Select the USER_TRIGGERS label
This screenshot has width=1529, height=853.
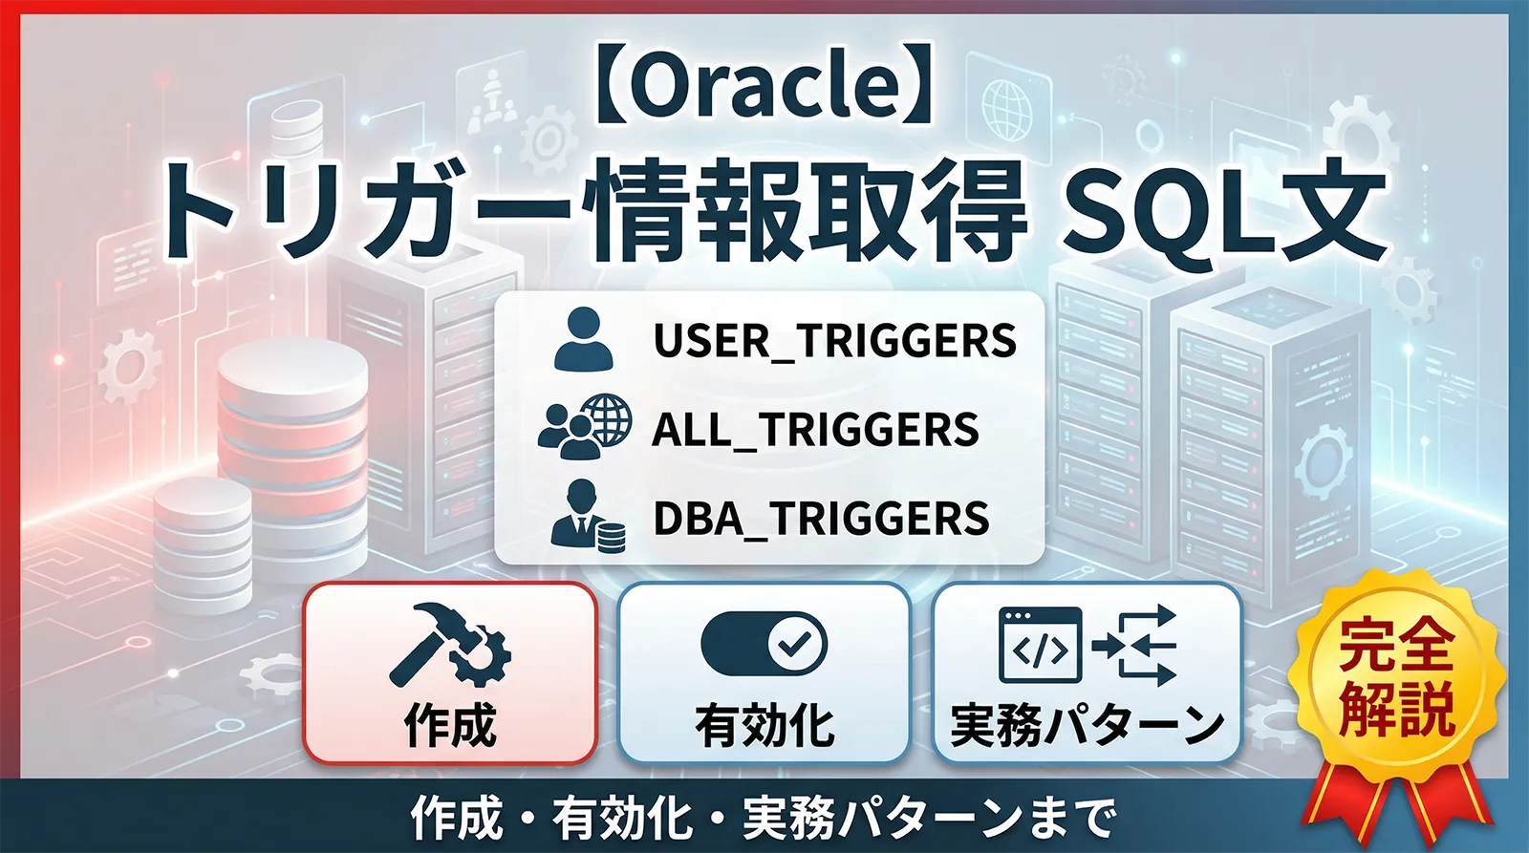[834, 341]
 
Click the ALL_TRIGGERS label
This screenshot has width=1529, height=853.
[815, 430]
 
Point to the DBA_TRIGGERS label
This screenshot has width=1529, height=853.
[821, 519]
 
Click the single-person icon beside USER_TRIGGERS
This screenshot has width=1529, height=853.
[583, 339]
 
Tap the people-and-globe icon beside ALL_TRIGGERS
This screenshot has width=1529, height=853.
[584, 427]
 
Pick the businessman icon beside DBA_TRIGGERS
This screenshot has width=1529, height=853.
[587, 515]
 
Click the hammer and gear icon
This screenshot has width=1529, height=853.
[449, 646]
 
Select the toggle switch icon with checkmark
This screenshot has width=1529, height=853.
[764, 644]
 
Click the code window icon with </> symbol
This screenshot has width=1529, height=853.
[1040, 645]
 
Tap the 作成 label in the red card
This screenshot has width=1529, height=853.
[450, 725]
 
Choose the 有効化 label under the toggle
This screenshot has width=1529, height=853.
[764, 725]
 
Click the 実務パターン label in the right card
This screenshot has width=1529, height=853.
[1087, 725]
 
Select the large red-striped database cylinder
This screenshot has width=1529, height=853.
[292, 420]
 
